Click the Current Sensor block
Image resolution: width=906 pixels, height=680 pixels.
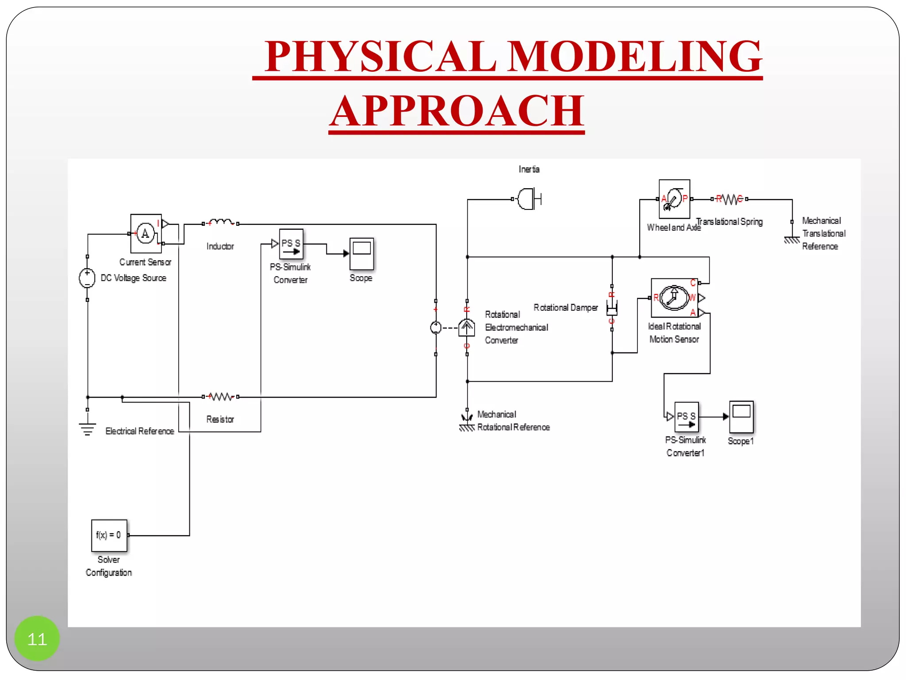point(146,233)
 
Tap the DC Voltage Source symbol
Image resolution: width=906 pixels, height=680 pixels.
point(87,278)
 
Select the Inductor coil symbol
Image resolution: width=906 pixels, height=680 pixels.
point(221,223)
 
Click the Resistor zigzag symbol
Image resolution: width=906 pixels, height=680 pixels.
point(221,397)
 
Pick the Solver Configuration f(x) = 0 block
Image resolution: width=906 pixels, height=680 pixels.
point(109,535)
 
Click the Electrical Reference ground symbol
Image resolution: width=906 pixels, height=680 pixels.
point(88,428)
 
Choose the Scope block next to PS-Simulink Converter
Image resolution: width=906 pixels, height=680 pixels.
point(361,254)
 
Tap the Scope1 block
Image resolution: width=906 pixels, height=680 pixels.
point(741,417)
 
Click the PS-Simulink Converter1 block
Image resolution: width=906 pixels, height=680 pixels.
point(686,417)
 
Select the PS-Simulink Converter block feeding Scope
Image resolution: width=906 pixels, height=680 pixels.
point(291,244)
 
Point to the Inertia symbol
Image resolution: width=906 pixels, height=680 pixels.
point(529,199)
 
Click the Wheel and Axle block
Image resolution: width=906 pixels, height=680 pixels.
point(674,199)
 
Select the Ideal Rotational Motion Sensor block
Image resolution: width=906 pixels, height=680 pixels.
point(674,297)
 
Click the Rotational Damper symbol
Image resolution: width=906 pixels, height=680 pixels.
point(612,308)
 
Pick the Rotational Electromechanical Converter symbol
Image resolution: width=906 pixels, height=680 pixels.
point(466,328)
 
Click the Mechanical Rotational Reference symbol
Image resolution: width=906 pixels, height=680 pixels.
point(467,422)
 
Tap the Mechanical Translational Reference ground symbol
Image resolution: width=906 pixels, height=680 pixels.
point(792,239)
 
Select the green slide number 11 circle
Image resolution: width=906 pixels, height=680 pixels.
point(37,638)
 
